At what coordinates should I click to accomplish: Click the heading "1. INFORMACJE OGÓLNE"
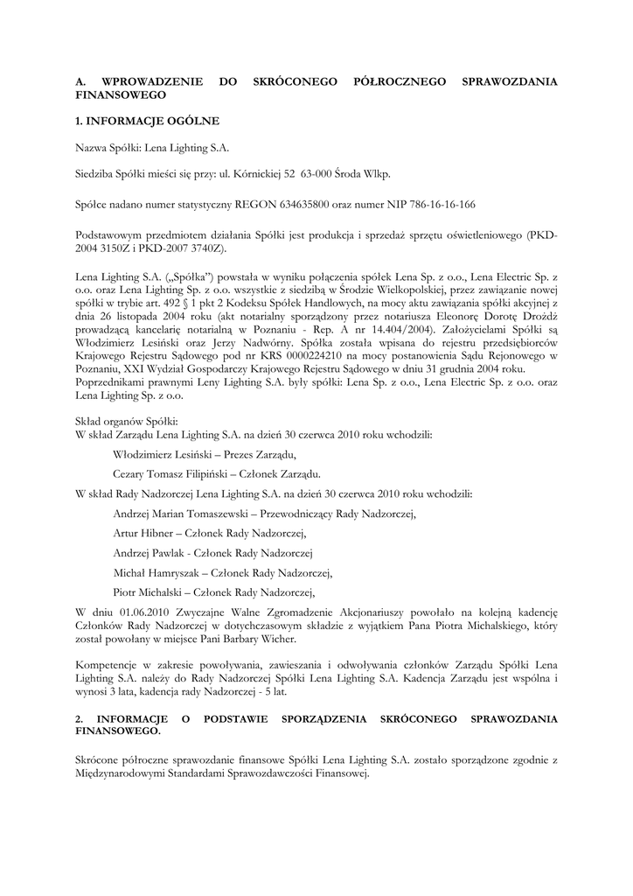click(x=148, y=120)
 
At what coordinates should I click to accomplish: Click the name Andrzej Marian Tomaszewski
click(x=182, y=514)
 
